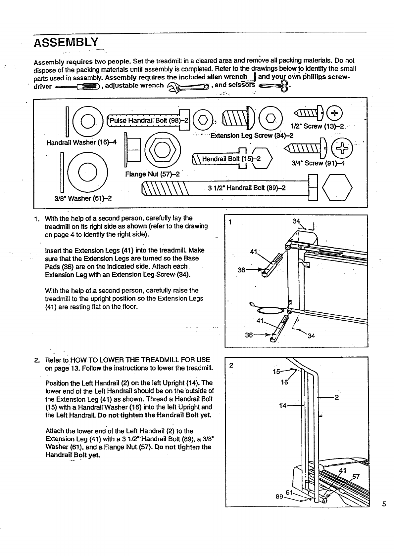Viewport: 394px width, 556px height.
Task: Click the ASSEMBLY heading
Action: coord(66,43)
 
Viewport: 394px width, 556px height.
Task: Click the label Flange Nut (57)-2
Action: coord(152,174)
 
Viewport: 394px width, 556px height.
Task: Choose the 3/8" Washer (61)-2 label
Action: coord(83,198)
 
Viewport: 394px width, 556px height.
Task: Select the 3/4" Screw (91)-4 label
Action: coord(318,163)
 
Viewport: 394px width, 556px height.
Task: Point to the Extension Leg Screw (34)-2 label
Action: coord(252,136)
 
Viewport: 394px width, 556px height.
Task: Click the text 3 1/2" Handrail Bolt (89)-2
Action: coord(247,188)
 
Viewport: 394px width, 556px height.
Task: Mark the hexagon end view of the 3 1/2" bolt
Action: coord(337,187)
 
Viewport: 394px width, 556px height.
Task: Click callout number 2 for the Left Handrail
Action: coord(336,397)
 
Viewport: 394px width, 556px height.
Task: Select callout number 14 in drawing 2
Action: coord(282,406)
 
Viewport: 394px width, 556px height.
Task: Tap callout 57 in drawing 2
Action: coord(356,476)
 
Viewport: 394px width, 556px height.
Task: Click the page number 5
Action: coord(384,504)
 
